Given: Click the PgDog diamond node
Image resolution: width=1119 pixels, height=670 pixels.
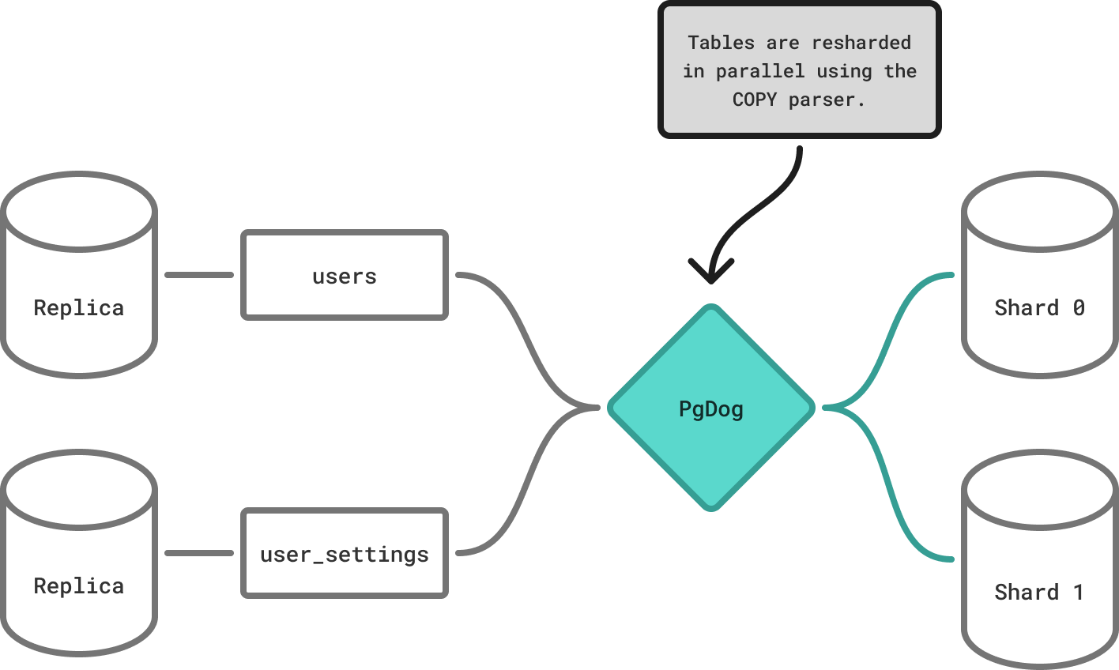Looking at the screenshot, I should click(x=710, y=408).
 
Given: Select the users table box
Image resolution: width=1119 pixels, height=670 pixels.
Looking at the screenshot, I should click(x=345, y=275).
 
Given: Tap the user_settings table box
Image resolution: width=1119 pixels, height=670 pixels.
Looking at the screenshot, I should click(x=345, y=553).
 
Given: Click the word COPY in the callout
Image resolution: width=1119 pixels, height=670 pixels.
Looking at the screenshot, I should click(x=754, y=100).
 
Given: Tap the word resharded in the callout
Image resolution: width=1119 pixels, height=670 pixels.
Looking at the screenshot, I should click(x=861, y=43).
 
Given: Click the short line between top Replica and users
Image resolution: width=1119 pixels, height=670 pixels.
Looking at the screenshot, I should click(x=199, y=275).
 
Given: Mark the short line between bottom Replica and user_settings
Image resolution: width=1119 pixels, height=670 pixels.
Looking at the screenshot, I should click(x=199, y=553).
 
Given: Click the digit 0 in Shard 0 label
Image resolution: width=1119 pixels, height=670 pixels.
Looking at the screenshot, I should click(x=1079, y=307).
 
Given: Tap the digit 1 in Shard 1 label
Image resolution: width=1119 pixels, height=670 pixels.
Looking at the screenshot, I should click(x=1079, y=592).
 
